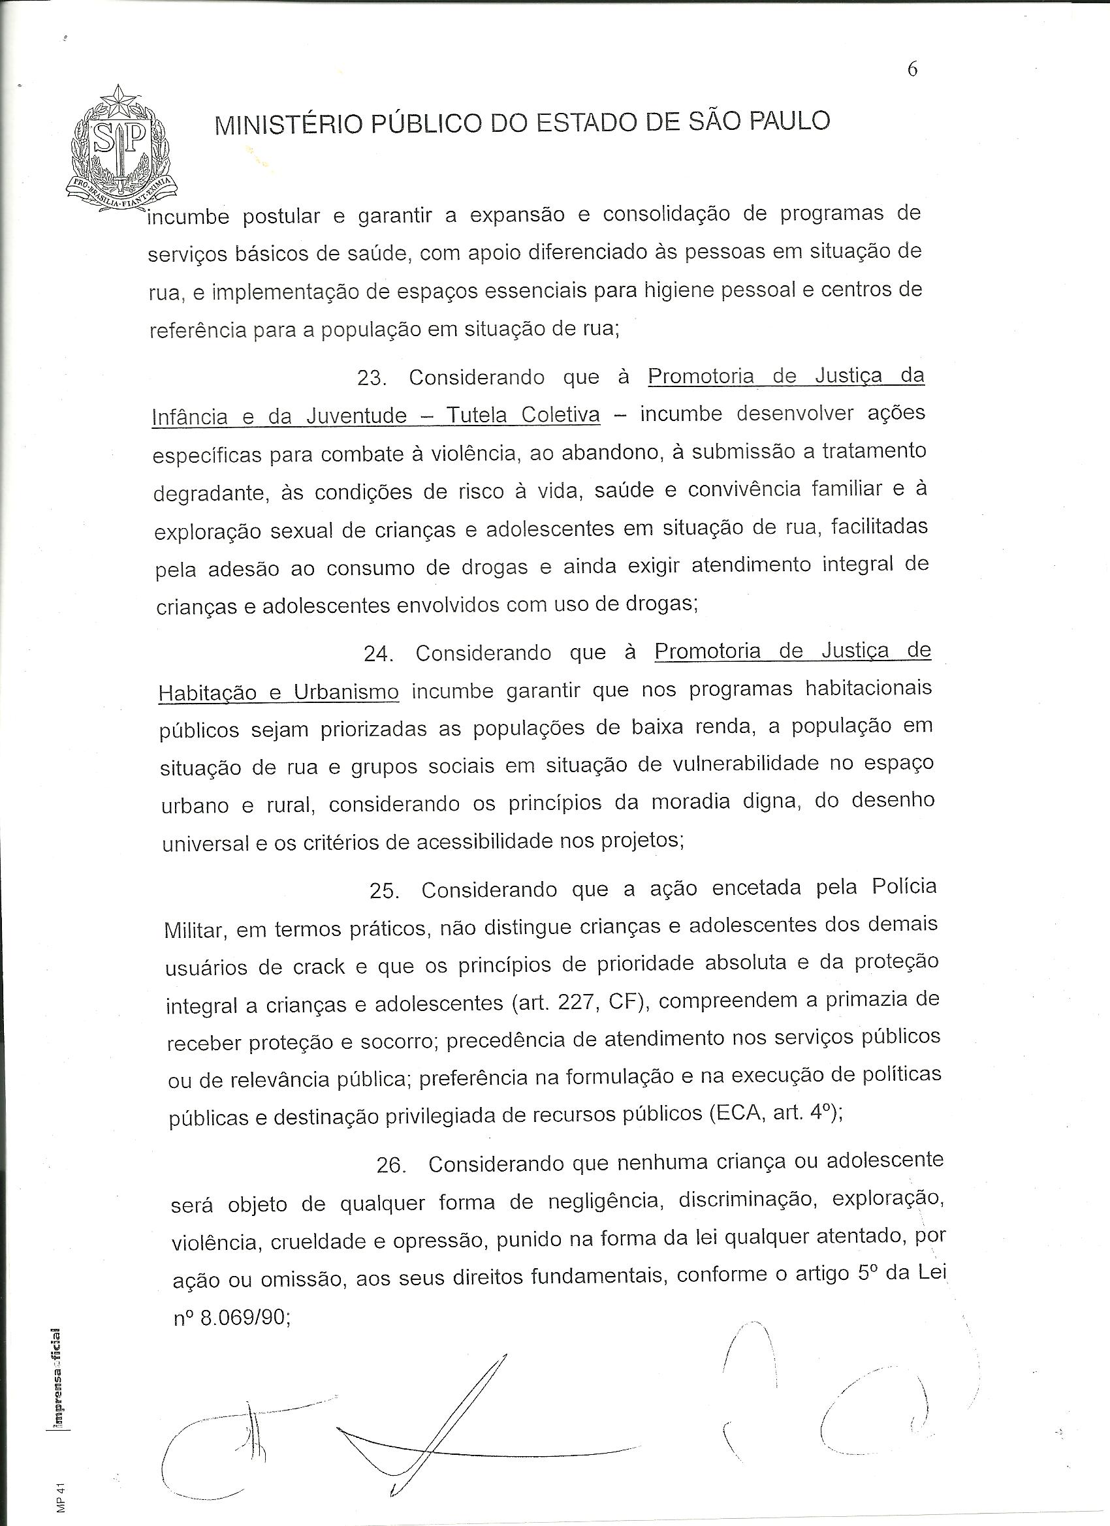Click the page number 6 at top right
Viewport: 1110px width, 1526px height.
click(913, 69)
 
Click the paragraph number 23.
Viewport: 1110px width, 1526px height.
click(371, 378)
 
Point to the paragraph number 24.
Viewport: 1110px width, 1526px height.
click(377, 654)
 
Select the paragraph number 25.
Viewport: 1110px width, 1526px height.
click(384, 891)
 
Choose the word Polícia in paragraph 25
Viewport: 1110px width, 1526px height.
click(904, 886)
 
